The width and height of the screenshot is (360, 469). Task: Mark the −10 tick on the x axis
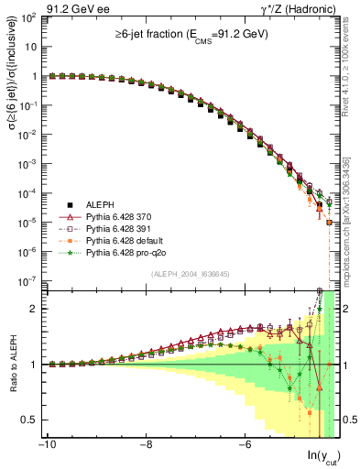46,445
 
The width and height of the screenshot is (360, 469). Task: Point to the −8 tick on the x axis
145,445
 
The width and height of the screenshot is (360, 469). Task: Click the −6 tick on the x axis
244,445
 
